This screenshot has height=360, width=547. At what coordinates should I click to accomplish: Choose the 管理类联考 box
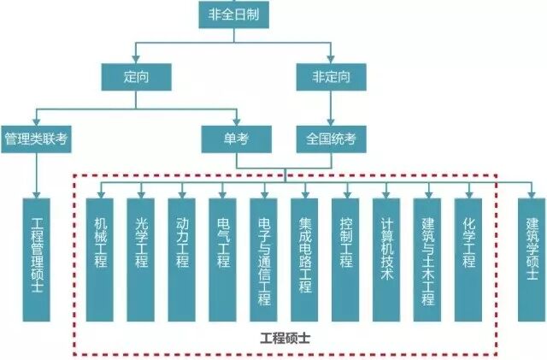[x=36, y=137]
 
